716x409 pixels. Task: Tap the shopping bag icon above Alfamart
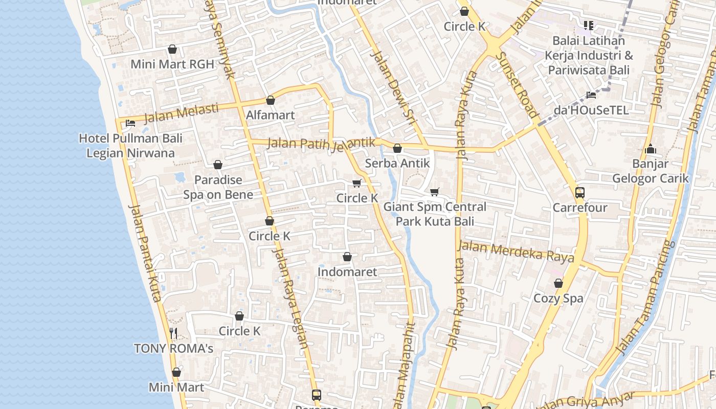(x=271, y=100)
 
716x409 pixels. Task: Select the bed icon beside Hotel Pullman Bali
(x=130, y=123)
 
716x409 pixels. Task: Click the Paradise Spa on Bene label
(x=218, y=187)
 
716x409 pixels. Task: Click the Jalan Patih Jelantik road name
(x=321, y=144)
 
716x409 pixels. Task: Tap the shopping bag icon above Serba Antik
(x=397, y=149)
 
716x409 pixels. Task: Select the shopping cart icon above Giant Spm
(x=434, y=192)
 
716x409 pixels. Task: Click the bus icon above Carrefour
(x=579, y=193)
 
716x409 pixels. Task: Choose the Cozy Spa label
(x=558, y=298)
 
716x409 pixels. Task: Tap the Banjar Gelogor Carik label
(x=651, y=171)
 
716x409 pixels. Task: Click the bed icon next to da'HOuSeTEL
(x=591, y=95)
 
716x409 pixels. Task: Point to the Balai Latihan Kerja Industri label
(x=588, y=55)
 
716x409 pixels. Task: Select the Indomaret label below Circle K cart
(x=347, y=272)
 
